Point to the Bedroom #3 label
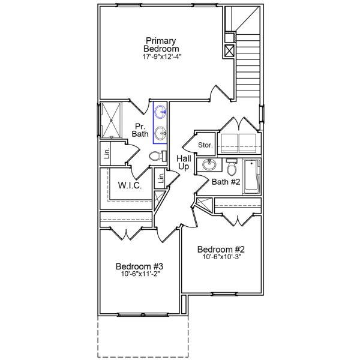tap(140, 266)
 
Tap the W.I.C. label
tap(130, 186)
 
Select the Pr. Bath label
tap(140, 130)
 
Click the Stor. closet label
tap(206, 145)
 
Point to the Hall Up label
tap(184, 162)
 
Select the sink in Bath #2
tap(209, 166)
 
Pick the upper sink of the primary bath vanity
tap(160, 112)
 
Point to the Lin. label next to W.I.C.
tap(160, 178)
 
